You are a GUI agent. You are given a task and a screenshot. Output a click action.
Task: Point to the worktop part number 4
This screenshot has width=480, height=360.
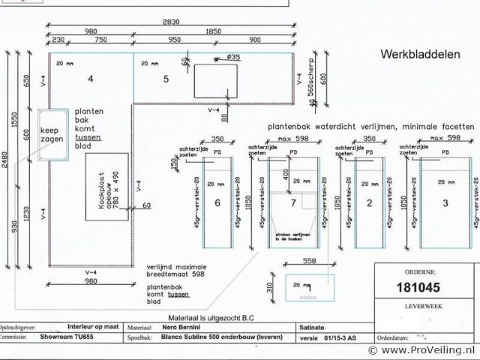click(x=90, y=78)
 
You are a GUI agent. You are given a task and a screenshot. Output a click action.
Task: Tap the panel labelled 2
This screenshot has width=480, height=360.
click(x=370, y=203)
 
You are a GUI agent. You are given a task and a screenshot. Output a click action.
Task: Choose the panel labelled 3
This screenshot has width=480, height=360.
click(x=445, y=203)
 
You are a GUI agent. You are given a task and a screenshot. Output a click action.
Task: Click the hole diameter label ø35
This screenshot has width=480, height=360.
click(x=232, y=57)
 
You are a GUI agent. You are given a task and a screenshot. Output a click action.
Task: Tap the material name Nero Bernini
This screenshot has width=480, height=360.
click(x=182, y=327)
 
